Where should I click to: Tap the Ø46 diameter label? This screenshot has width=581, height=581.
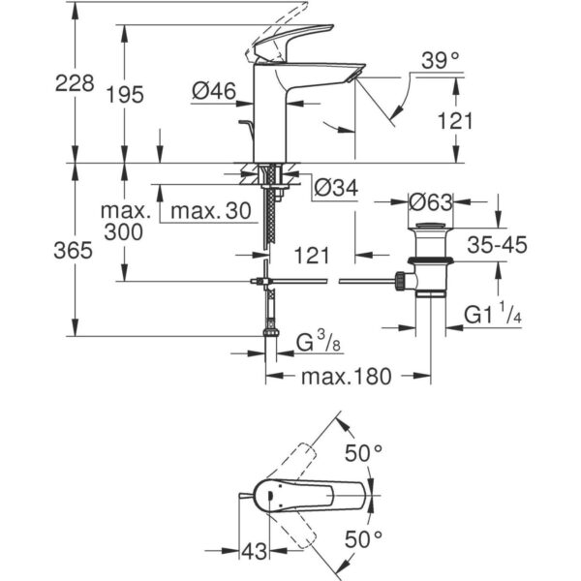(214, 91)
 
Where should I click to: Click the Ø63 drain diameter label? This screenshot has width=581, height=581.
(432, 203)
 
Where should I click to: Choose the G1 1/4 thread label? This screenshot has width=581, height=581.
(495, 315)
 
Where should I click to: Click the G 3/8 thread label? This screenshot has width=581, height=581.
(317, 343)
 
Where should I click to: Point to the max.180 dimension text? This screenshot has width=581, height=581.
(346, 377)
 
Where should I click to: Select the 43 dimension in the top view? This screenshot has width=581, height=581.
(254, 551)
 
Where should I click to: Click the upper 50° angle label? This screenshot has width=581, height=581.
(365, 451)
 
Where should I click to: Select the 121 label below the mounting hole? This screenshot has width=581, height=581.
(311, 256)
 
